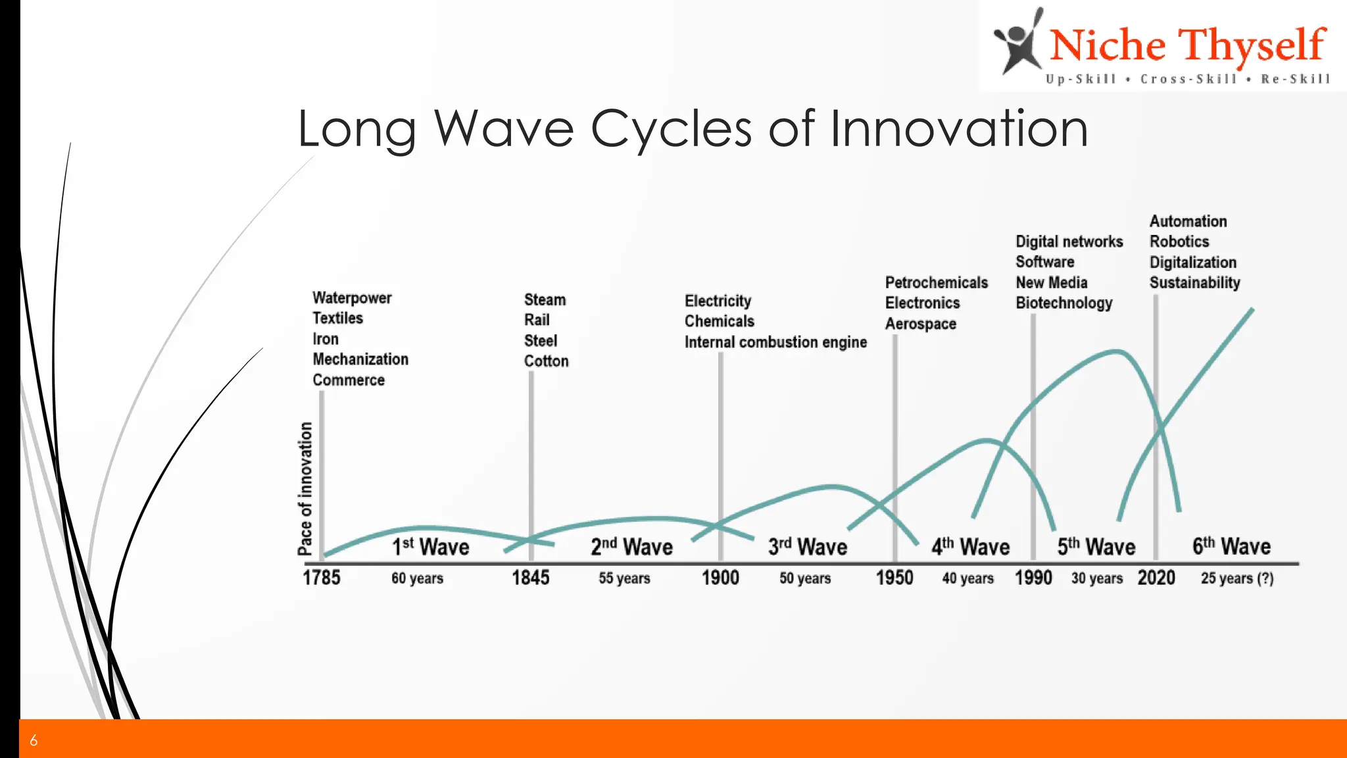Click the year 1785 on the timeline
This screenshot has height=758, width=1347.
coord(322,578)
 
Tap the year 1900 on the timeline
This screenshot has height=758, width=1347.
coord(720,578)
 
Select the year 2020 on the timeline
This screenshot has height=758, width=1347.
coord(1156,578)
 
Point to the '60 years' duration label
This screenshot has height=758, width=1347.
coord(417,578)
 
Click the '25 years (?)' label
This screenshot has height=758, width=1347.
coord(1237,578)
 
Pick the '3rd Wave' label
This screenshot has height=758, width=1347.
coord(808,547)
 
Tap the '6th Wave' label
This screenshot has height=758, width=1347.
coord(1231,546)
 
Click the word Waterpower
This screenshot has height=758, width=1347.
coord(352,298)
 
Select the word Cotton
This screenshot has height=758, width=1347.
coord(546,361)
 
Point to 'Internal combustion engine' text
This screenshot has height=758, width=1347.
coord(775,342)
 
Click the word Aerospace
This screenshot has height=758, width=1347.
coord(920,324)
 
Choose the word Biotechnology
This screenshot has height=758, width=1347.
coord(1064,303)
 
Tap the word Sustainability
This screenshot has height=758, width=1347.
coord(1194,283)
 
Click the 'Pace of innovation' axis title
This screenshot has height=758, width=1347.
coord(305,489)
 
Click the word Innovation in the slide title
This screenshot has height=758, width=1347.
coord(958,128)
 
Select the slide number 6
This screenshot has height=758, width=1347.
coord(34,740)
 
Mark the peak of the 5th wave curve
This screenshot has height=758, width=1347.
coord(1116,352)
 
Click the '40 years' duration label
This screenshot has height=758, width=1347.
coord(967,578)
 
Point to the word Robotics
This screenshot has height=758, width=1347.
coord(1179,241)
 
